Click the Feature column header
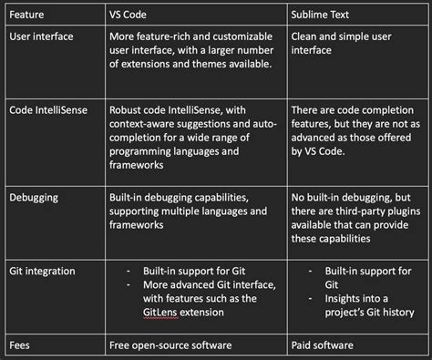(26, 15)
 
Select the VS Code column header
(128, 15)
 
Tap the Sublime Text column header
(320, 15)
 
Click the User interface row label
(41, 36)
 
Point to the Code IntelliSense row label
(48, 110)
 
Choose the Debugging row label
(34, 198)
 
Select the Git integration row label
(42, 271)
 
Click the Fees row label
(19, 345)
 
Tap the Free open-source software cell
(170, 345)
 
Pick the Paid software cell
(323, 345)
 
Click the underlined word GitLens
(160, 313)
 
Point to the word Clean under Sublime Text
(303, 36)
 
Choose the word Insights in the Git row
(342, 299)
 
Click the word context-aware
(141, 124)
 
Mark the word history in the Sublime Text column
(397, 313)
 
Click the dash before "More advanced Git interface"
(128, 285)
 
